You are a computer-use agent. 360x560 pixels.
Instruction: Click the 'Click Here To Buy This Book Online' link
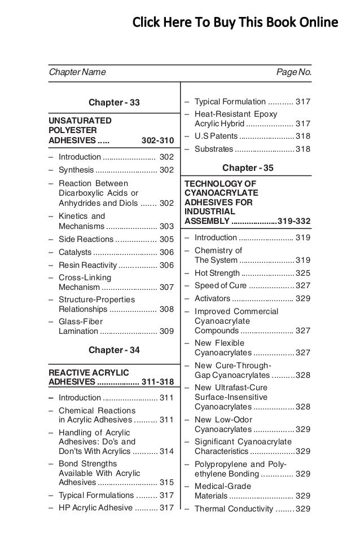[x=235, y=23]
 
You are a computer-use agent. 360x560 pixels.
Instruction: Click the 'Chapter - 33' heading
[x=115, y=103]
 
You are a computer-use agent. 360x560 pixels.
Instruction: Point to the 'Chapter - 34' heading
[x=115, y=350]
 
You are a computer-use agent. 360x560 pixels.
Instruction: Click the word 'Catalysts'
[x=75, y=252]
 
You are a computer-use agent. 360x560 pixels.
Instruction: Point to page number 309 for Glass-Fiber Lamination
[x=166, y=332]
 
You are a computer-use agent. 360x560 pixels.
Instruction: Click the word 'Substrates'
[x=213, y=149]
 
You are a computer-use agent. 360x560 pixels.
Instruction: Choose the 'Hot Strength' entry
[x=217, y=273]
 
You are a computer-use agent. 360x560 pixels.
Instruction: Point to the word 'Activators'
[x=212, y=298]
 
